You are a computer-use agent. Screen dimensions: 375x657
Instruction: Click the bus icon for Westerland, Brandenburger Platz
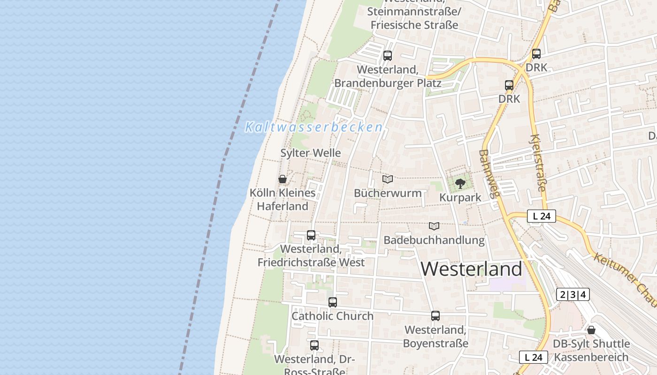pos(388,56)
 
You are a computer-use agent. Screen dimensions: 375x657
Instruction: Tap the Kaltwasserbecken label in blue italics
pos(313,127)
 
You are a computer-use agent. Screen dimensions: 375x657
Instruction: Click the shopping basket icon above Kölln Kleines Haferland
pos(283,179)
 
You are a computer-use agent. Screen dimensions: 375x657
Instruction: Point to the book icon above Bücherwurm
pos(388,179)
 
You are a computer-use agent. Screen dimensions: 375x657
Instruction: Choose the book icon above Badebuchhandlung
pos(434,226)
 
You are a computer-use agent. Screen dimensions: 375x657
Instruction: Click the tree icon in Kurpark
pos(460,183)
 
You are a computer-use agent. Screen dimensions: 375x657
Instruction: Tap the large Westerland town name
pos(471,269)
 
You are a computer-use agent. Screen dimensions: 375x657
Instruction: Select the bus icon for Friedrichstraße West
pos(311,235)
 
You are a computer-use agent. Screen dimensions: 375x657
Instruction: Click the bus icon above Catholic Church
pos(333,302)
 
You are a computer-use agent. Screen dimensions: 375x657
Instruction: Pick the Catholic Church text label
pos(333,316)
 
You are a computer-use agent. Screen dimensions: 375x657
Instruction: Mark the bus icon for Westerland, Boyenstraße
pos(435,316)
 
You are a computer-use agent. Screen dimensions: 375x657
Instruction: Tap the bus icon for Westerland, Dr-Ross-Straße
pos(314,345)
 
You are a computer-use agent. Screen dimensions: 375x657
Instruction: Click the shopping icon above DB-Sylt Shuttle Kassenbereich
pos(591,330)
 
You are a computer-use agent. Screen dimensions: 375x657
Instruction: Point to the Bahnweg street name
pos(489,174)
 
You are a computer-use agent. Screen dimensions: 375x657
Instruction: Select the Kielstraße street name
pos(538,163)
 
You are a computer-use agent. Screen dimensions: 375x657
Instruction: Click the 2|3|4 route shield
pos(573,294)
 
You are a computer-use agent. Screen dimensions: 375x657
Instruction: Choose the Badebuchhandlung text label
pos(434,240)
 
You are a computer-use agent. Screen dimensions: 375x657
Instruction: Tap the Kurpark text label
pos(460,197)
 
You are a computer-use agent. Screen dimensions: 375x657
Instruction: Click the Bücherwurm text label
pos(388,193)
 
